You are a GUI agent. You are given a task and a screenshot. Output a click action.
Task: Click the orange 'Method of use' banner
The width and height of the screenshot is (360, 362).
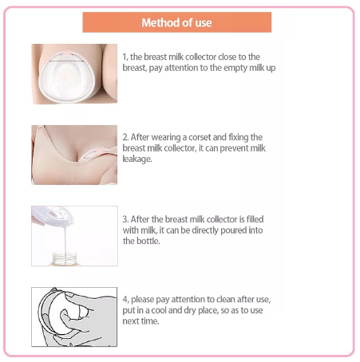pos(177,22)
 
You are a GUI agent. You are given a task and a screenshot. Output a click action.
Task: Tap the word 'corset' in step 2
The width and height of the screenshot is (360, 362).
pos(200,137)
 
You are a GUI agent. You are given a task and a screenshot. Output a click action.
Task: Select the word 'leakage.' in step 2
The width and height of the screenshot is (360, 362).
pos(137,159)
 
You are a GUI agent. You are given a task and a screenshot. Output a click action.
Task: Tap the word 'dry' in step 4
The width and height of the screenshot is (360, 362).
pos(190,310)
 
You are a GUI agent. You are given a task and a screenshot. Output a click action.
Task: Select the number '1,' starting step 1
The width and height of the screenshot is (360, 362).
pos(125,57)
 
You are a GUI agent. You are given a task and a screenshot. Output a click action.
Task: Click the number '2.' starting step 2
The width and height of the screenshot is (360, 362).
pos(126,137)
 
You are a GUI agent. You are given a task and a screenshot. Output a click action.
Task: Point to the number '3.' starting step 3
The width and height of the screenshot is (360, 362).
pos(126,219)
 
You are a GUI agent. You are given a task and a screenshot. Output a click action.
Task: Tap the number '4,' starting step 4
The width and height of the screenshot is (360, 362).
pos(126,300)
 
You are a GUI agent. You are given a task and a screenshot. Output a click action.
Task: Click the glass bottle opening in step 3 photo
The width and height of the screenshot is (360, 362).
pos(65,255)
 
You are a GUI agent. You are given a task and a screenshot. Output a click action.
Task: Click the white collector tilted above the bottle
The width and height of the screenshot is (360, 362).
pos(53,216)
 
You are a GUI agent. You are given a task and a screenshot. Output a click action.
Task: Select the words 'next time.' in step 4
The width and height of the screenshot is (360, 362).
pos(140,321)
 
